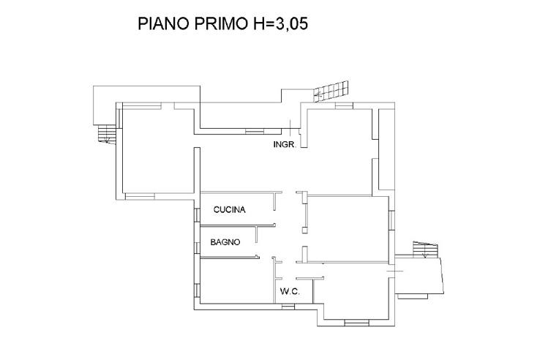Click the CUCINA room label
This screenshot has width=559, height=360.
point(229,210)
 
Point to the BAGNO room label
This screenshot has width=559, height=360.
point(225,242)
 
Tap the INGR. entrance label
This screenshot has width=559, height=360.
point(284,145)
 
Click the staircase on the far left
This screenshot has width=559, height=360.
point(107,135)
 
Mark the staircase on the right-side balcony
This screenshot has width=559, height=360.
point(424,250)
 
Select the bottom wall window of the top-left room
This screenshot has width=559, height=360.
point(140,195)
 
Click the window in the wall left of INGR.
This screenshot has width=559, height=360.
point(255,131)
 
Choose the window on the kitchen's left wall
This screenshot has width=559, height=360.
point(197,214)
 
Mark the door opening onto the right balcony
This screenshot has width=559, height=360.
point(394,271)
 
